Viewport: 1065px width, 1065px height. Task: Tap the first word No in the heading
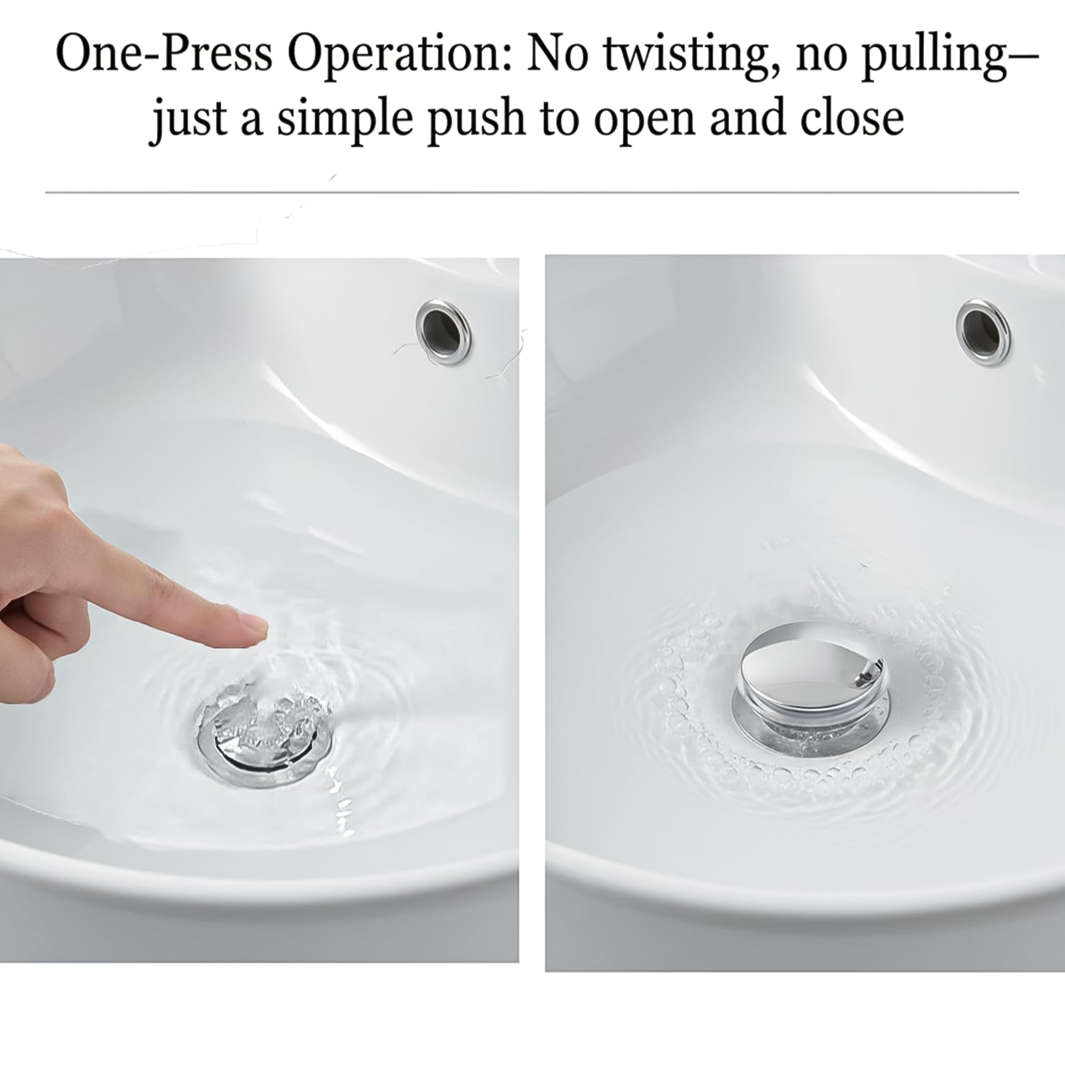[x=560, y=55]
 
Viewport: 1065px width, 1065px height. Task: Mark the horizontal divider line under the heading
[x=532, y=193]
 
